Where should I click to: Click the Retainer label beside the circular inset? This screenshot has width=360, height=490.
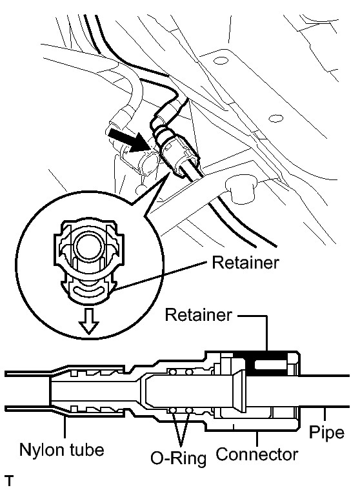pyautogui.click(x=245, y=263)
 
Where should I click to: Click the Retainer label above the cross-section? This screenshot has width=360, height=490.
pyautogui.click(x=199, y=314)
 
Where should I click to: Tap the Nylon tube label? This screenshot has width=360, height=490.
pyautogui.click(x=62, y=450)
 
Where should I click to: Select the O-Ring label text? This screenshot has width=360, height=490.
pyautogui.click(x=179, y=458)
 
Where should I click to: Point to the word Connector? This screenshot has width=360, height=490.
pyautogui.click(x=257, y=454)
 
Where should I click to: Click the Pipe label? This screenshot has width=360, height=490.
pyautogui.click(x=326, y=433)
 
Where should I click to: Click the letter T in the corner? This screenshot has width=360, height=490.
pyautogui.click(x=10, y=480)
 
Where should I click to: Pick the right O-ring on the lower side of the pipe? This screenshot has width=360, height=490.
pyautogui.click(x=188, y=411)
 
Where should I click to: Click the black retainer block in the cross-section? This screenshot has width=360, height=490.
pyautogui.click(x=267, y=363)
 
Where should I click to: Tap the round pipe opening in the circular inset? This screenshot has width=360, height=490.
pyautogui.click(x=89, y=245)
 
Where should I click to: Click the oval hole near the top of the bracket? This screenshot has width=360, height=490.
pyautogui.click(x=221, y=60)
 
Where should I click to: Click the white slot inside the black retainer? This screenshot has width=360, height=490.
pyautogui.click(x=270, y=365)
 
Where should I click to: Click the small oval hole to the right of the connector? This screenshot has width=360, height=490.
pyautogui.click(x=276, y=119)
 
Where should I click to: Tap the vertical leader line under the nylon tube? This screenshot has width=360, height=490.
pyautogui.click(x=65, y=427)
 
